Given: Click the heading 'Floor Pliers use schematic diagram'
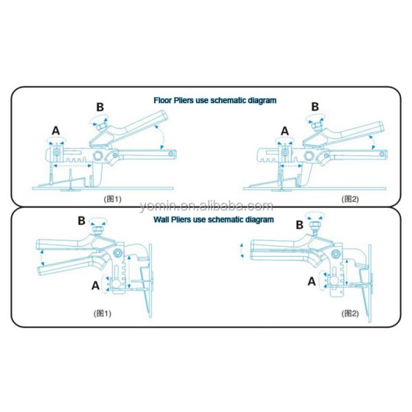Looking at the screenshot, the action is click(215, 100).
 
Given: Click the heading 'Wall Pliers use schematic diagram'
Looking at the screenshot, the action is click(214, 220).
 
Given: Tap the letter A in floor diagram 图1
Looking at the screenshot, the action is click(56, 131).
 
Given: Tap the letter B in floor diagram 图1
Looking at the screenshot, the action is click(100, 107).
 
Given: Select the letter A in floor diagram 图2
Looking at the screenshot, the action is click(285, 131).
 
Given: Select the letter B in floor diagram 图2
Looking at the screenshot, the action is click(314, 107).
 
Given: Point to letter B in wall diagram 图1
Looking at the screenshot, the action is click(82, 220).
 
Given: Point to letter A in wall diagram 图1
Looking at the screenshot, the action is click(95, 286).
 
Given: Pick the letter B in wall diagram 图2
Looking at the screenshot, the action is click(299, 225).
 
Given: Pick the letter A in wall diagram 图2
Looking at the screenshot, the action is click(312, 282).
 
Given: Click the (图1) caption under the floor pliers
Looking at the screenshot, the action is click(113, 199).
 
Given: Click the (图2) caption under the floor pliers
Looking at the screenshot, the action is click(350, 199).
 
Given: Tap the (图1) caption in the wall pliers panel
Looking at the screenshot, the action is click(102, 313).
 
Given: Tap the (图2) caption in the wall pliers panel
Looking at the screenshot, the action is click(350, 313).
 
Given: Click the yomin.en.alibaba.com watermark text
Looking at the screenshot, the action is click(206, 207).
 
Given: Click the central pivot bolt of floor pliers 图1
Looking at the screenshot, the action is click(98, 156).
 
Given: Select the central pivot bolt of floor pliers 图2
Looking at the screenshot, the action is click(309, 156).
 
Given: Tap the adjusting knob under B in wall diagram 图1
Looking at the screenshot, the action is click(98, 229).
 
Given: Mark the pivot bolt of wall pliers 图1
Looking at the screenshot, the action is click(117, 253).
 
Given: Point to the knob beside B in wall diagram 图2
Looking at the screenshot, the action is click(314, 225).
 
